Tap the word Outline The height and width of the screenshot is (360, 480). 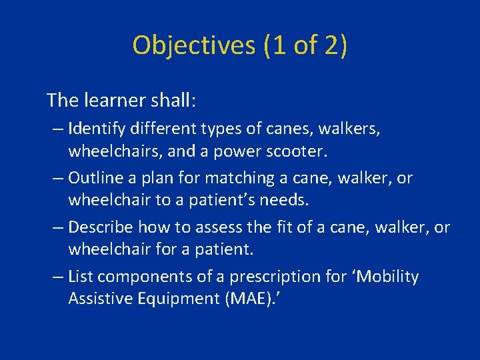tap(93, 178)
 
